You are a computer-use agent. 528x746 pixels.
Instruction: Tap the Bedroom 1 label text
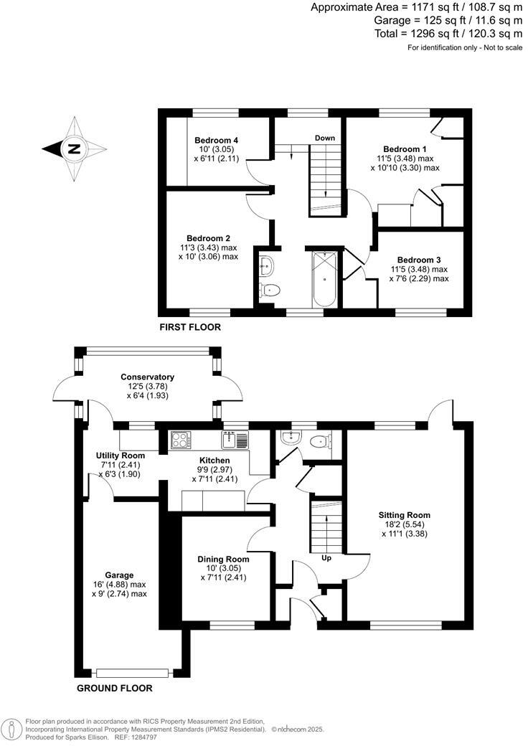[405, 148]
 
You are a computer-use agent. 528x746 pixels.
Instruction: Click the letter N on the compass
[73, 150]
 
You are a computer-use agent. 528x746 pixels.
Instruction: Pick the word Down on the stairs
[326, 137]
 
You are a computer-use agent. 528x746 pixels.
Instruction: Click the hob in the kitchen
[179, 439]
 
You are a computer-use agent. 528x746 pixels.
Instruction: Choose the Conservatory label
[148, 377]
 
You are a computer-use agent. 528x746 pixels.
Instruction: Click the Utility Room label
[121, 455]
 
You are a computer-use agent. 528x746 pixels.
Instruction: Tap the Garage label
[119, 575]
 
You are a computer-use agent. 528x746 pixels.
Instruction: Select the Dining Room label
[223, 559]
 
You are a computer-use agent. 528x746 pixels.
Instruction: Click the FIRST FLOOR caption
[191, 327]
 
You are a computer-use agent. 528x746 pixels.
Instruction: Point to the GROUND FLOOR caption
[115, 688]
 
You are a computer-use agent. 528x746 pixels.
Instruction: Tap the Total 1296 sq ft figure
[448, 33]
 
